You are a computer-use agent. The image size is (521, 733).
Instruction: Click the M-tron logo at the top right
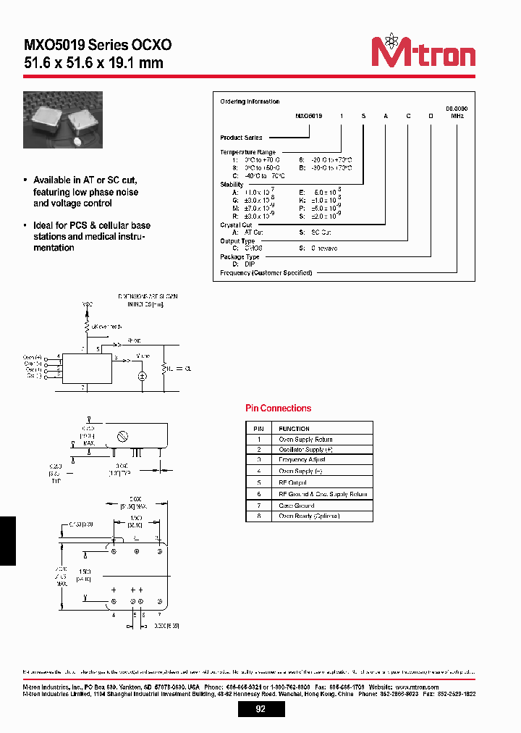(x=423, y=51)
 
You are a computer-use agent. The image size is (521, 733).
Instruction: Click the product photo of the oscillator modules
(x=63, y=119)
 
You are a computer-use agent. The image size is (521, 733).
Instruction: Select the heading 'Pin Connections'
(x=278, y=409)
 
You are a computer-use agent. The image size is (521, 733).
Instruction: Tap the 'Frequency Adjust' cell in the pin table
(x=302, y=460)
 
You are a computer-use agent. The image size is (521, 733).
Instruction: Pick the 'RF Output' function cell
(x=292, y=482)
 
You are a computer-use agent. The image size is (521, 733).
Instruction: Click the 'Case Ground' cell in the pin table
(x=296, y=506)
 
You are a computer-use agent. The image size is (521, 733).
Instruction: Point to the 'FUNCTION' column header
(x=294, y=429)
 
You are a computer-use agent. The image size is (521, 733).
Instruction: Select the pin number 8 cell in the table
(x=258, y=516)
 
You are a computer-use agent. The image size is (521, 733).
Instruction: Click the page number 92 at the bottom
(x=260, y=709)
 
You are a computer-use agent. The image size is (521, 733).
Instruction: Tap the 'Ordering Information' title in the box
(x=250, y=102)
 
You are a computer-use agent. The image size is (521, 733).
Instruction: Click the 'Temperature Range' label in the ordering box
(x=247, y=152)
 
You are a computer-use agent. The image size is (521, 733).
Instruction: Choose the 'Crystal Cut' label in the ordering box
(x=236, y=225)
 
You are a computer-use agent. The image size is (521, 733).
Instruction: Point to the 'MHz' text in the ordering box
(x=457, y=115)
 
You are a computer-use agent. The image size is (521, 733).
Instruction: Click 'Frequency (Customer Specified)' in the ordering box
(x=266, y=273)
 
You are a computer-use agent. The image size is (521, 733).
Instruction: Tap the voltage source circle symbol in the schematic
(x=142, y=377)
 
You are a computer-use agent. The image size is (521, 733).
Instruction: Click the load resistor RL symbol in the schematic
(x=164, y=368)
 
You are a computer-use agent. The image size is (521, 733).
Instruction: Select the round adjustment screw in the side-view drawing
(x=123, y=436)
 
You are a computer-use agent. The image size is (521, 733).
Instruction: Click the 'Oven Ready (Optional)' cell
(x=308, y=516)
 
